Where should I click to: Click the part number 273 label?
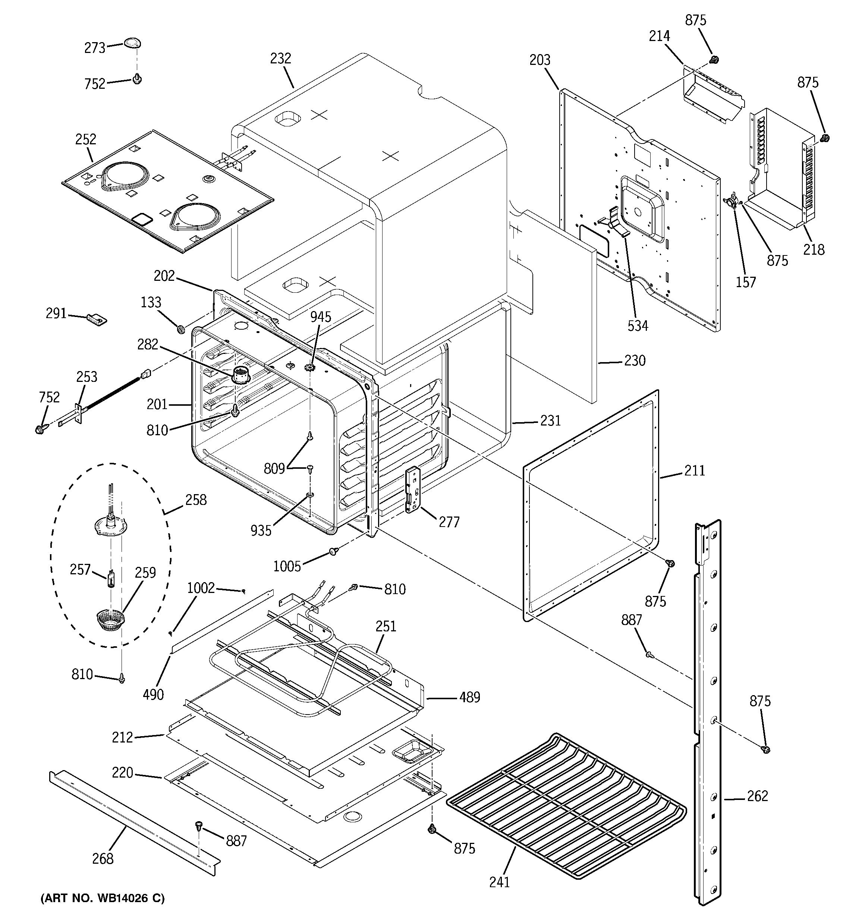[x=95, y=47]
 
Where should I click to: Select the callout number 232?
[x=280, y=59]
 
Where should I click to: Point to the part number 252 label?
[x=86, y=139]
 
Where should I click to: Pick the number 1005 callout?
[x=287, y=566]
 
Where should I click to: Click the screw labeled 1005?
[x=333, y=551]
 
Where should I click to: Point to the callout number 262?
[x=757, y=796]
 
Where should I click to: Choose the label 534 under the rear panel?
[x=638, y=326]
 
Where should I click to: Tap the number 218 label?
[x=814, y=250]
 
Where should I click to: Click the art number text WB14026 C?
[x=103, y=898]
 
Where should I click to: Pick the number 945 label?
[x=320, y=317]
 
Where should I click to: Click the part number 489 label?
[x=469, y=697]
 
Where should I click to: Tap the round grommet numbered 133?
[x=181, y=329]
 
